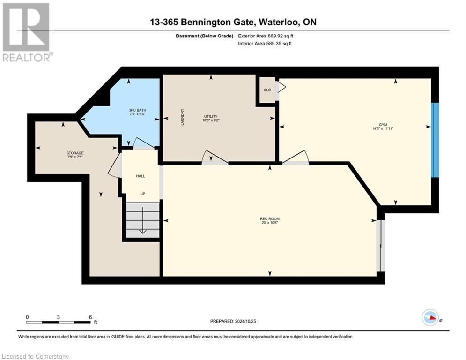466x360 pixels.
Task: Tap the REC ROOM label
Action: coord(270,218)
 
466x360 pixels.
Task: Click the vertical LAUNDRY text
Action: coord(182,117)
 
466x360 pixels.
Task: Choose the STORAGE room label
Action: coord(75,153)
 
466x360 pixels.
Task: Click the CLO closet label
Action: coord(267,90)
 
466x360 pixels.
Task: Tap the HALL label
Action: coord(141,176)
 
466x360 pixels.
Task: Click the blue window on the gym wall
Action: coord(435,140)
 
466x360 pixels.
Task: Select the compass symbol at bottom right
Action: coord(430,317)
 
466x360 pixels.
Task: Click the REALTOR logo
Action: coord(26,32)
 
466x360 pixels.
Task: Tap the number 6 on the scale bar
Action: coord(90,317)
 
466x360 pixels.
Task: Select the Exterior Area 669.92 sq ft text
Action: coord(266,36)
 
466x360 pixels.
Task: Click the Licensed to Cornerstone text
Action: coord(36,357)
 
